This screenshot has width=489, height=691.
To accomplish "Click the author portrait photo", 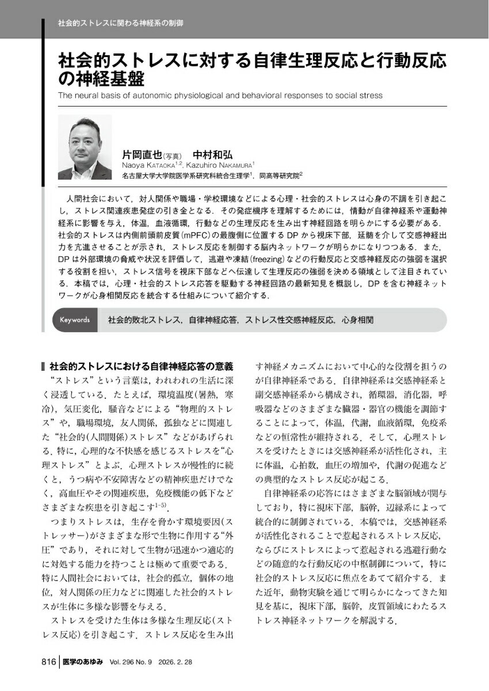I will (x=85, y=147).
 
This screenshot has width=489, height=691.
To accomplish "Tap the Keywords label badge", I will (x=74, y=320).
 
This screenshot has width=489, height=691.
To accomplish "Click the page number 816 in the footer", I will (x=48, y=663).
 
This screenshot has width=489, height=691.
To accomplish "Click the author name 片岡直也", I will (x=142, y=155).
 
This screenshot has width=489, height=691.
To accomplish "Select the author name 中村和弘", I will (x=212, y=155).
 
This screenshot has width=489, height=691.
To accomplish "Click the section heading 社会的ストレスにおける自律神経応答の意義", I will (x=141, y=366).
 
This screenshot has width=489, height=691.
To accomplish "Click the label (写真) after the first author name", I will (x=173, y=156).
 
